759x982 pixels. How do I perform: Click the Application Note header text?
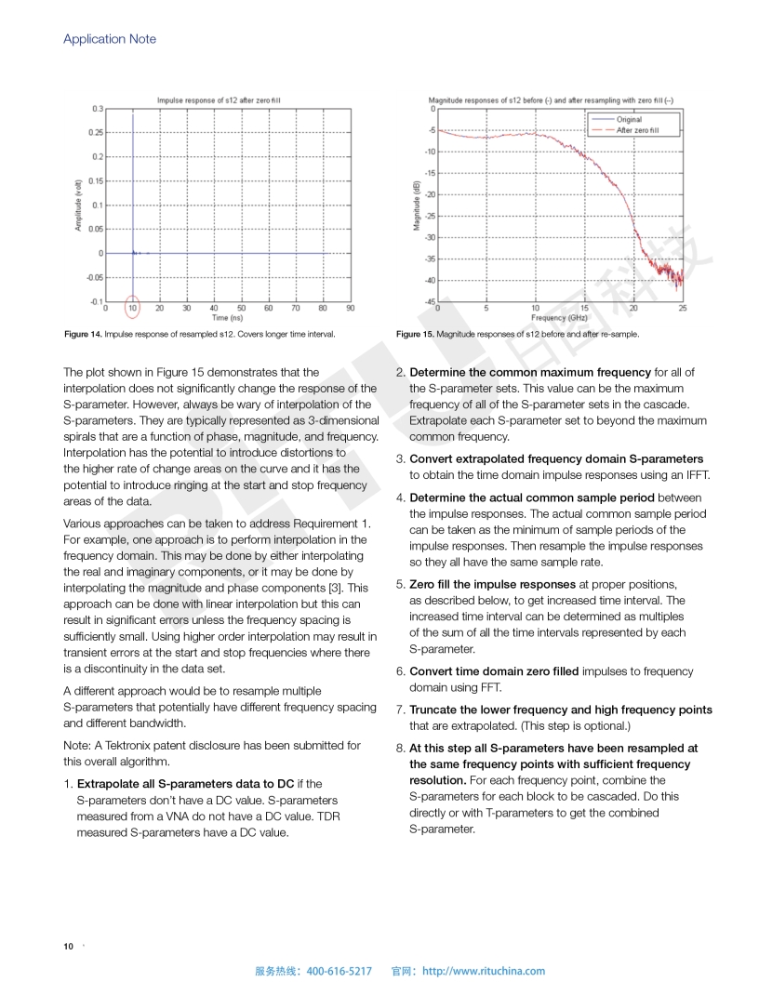click(110, 39)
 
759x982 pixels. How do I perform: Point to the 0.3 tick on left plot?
click(98, 109)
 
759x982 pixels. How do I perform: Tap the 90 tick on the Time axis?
click(350, 308)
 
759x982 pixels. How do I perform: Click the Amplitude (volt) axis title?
click(79, 206)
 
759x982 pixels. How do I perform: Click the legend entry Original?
click(629, 120)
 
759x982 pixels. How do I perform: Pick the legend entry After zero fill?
click(638, 130)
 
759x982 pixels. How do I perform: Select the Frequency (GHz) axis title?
click(559, 318)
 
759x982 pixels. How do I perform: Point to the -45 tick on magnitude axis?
click(430, 301)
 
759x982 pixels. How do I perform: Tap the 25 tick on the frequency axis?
click(683, 308)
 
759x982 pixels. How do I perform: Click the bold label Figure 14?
click(82, 334)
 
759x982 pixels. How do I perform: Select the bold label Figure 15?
click(414, 334)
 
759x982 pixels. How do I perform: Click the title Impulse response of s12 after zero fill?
click(224, 100)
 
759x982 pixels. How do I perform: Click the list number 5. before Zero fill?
click(401, 584)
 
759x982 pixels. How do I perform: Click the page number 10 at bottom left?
click(68, 947)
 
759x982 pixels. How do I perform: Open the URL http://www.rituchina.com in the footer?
click(484, 971)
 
